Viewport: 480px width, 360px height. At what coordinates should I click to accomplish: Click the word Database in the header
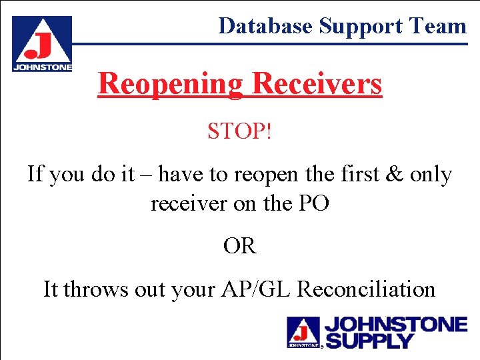point(265,25)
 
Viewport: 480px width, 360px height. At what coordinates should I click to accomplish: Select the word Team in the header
point(438,25)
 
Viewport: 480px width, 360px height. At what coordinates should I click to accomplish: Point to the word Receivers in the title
point(317,84)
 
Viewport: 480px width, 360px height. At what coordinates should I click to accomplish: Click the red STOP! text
point(239,131)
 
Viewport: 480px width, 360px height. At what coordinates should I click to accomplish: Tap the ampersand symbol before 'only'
point(395,175)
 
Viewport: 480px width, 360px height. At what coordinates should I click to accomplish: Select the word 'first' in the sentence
point(361,175)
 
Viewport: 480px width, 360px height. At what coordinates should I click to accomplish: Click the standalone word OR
point(240,246)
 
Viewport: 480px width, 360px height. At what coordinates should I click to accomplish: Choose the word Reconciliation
point(366,289)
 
